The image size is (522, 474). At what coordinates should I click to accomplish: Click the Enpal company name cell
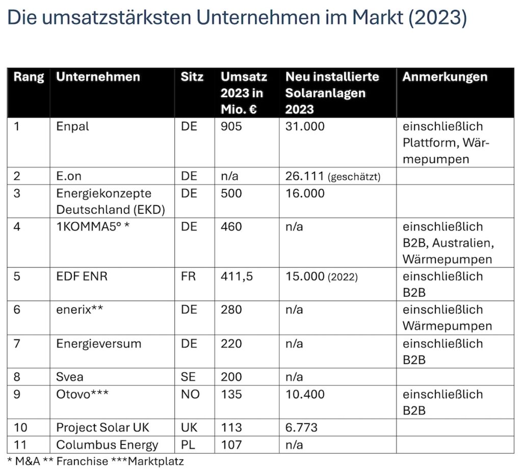[72, 126]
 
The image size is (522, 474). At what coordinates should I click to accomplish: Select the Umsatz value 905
[231, 126]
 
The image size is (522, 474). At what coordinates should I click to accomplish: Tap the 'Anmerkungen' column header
[445, 77]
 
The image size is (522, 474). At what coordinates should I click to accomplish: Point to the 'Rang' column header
[29, 77]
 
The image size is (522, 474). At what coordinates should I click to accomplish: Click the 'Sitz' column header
[192, 77]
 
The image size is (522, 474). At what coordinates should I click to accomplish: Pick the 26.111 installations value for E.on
[304, 176]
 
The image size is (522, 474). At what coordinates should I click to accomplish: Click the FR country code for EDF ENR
[189, 276]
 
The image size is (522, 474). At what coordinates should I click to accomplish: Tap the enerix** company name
[80, 310]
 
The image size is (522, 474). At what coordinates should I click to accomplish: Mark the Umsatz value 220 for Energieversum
[231, 344]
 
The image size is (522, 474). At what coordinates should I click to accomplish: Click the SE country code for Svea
[188, 377]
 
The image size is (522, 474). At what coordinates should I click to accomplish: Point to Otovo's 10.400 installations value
[304, 394]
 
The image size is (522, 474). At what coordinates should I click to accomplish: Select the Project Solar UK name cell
[103, 428]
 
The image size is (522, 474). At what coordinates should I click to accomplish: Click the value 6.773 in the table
[301, 428]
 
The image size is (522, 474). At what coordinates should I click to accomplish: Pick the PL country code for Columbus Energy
[188, 444]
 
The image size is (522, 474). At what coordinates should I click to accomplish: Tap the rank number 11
[20, 444]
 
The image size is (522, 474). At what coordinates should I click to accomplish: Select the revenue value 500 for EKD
[231, 193]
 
